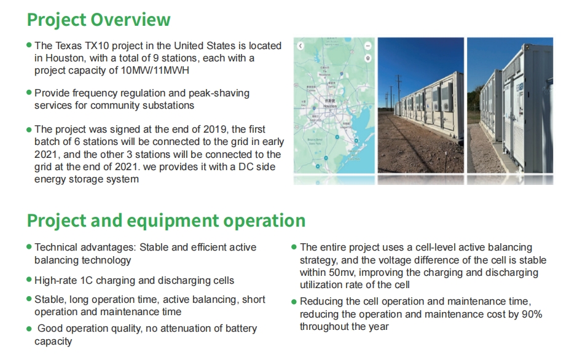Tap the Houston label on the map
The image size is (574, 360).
click(330, 106)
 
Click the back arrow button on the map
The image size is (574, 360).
click(301, 45)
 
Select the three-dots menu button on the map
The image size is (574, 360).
click(368, 45)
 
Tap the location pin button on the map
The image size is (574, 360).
click(368, 58)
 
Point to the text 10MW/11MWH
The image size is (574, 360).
click(155, 70)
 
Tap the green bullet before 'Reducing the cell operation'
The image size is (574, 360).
click(294, 302)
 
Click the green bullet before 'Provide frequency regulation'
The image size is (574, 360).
click(29, 92)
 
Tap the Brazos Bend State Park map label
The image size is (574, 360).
click(314, 141)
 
